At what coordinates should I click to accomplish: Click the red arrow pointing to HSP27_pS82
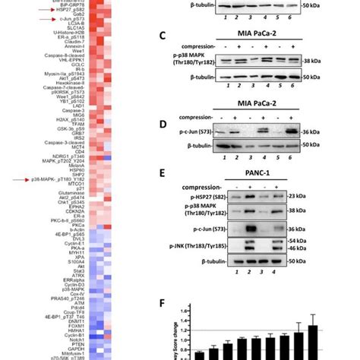click(x=8, y=11)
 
